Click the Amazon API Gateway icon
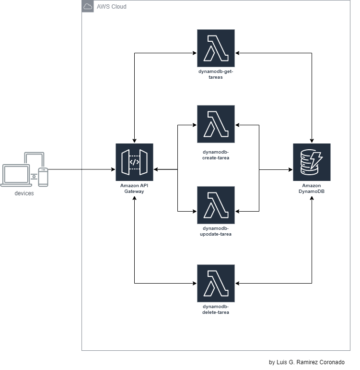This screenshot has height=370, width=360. tap(134, 162)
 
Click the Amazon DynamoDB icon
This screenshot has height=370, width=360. tap(312, 162)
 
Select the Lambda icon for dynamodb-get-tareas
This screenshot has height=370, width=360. tap(216, 48)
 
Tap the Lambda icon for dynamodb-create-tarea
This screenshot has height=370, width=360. tap(216, 124)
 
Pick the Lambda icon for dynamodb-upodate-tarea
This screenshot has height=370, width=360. tap(216, 205)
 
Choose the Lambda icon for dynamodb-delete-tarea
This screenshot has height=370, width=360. tap(216, 283)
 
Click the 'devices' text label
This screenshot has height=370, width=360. tap(24, 193)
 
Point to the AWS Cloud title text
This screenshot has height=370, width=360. tap(111, 7)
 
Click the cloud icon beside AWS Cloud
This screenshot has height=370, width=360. tap(88, 7)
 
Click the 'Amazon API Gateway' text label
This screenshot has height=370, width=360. tap(134, 188)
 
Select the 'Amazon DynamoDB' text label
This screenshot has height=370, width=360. tap(312, 188)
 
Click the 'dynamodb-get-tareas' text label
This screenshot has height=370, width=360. tap(216, 74)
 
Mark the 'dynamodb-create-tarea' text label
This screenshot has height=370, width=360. tap(216, 155)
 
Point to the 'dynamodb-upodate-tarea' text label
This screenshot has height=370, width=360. tap(216, 231)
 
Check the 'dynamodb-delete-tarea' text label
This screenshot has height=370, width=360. tap(216, 310)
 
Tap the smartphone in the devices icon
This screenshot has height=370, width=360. tap(43, 176)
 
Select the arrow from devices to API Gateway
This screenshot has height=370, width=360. tap(81, 169)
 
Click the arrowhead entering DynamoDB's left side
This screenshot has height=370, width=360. tap(290, 169)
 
